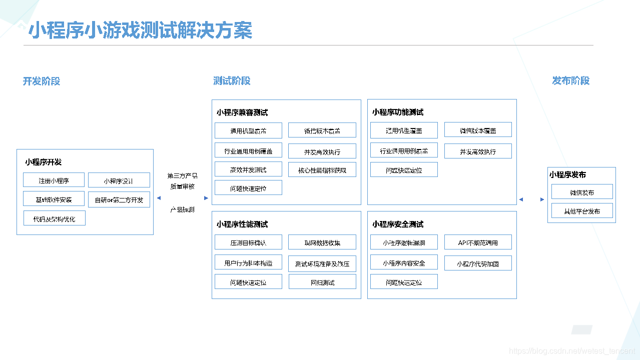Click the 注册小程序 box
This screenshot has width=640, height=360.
pos(54,180)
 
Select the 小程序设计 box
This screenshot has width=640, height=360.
pos(119,180)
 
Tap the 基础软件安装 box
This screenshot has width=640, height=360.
pos(54,199)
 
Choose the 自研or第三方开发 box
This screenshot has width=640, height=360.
pos(119,200)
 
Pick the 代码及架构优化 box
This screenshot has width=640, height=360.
pos(54,218)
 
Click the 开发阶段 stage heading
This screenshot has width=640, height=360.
pos(42,81)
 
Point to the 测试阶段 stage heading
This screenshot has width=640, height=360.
pos(232,81)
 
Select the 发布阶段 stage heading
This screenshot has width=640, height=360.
pos(571,81)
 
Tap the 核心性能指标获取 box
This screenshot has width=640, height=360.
pos(322,170)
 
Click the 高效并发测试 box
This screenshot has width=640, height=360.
pos(248,170)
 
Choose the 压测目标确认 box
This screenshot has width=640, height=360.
pos(248,242)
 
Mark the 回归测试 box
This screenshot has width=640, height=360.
pos(322,282)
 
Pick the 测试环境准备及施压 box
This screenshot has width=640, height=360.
pos(322,264)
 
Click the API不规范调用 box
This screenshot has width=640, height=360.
pos(478,242)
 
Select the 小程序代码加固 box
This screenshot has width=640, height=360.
pos(478,263)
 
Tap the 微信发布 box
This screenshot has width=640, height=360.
pos(581,192)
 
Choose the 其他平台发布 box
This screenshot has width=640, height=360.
pos(581,210)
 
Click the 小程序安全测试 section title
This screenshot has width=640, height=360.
pos(398,224)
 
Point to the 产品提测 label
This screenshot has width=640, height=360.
pos(182,209)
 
